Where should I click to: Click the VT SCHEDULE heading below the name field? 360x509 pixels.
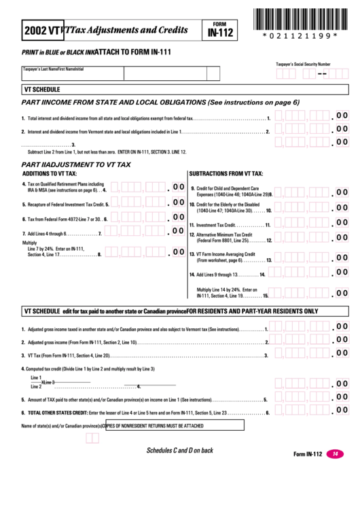(42, 89)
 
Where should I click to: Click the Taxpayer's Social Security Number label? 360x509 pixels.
(303, 63)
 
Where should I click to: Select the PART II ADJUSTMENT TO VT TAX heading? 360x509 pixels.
(76, 164)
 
